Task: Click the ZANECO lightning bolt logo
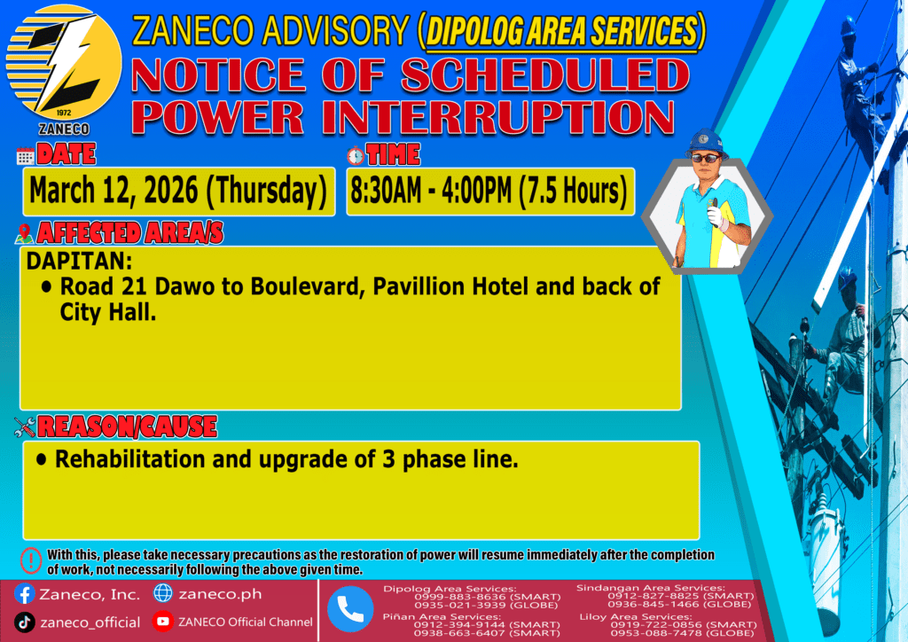pyautogui.click(x=64, y=63)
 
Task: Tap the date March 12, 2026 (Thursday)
pyautogui.click(x=178, y=191)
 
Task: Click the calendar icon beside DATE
pyautogui.click(x=26, y=156)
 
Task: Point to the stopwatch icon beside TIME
pyautogui.click(x=356, y=156)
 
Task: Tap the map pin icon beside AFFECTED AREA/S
pyautogui.click(x=24, y=234)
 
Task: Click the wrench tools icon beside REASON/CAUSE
pyautogui.click(x=25, y=427)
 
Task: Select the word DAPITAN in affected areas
pyautogui.click(x=79, y=261)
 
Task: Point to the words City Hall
pyautogui.click(x=108, y=312)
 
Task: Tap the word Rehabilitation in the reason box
pyautogui.click(x=129, y=459)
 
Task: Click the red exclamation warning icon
pyautogui.click(x=31, y=560)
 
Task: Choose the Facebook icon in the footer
pyautogui.click(x=24, y=594)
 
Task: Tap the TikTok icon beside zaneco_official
pyautogui.click(x=24, y=622)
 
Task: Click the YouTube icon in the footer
pyautogui.click(x=163, y=621)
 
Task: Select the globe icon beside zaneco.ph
pyautogui.click(x=163, y=593)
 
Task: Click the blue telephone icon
pyautogui.click(x=350, y=609)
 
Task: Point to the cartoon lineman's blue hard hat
pyautogui.click(x=705, y=142)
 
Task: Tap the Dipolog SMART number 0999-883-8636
pyautogui.click(x=459, y=597)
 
